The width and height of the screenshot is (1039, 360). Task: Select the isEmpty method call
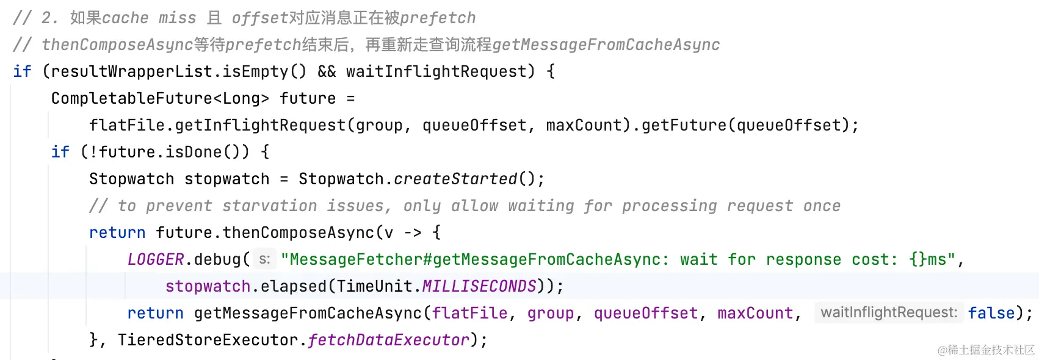tap(255, 71)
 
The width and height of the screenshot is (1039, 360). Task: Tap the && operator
tap(327, 71)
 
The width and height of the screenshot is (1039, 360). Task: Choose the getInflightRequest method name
tap(261, 125)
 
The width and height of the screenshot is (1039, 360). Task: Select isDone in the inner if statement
tap(194, 152)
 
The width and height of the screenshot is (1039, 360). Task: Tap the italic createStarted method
tap(455, 179)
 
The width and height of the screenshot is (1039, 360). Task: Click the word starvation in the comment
tap(269, 206)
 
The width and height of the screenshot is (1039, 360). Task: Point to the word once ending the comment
tap(822, 206)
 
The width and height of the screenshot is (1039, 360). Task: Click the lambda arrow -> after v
tap(413, 232)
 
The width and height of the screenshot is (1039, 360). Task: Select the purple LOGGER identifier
tap(156, 259)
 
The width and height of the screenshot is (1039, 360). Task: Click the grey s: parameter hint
tap(264, 259)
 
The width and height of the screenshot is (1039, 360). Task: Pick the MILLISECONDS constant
tap(479, 286)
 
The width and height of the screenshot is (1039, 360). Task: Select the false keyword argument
tap(991, 313)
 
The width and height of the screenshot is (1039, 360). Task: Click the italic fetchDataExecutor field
tap(389, 340)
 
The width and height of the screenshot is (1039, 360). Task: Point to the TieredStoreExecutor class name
tap(208, 340)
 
